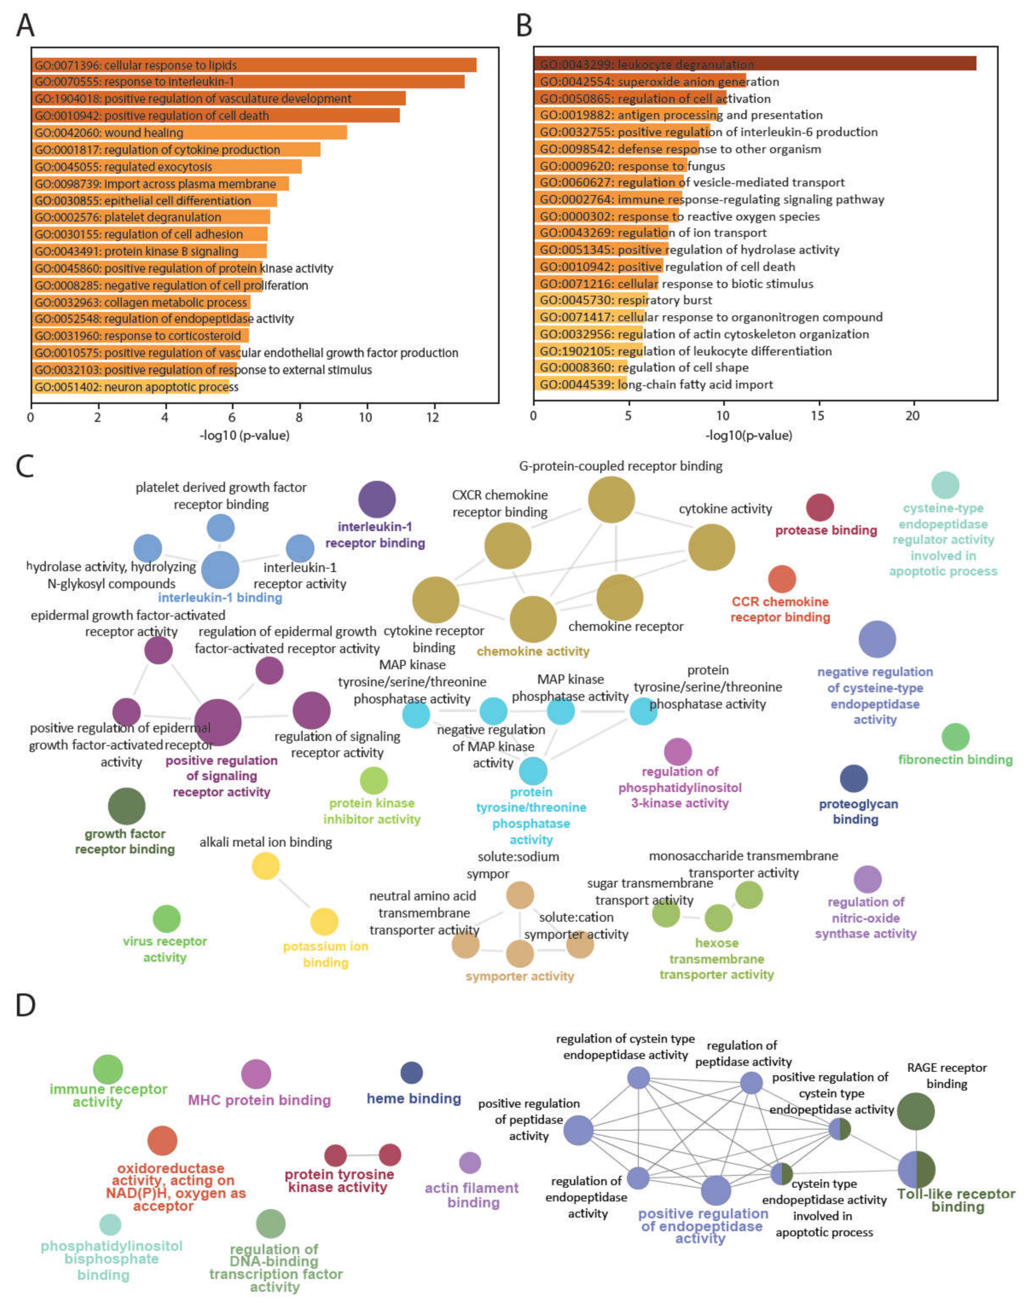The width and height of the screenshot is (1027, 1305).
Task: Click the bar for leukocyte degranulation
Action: (x=755, y=64)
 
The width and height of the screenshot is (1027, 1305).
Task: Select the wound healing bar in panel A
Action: (x=189, y=132)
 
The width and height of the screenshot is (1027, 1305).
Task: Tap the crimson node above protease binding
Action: (x=820, y=508)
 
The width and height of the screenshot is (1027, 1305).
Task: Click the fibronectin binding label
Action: (x=955, y=760)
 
